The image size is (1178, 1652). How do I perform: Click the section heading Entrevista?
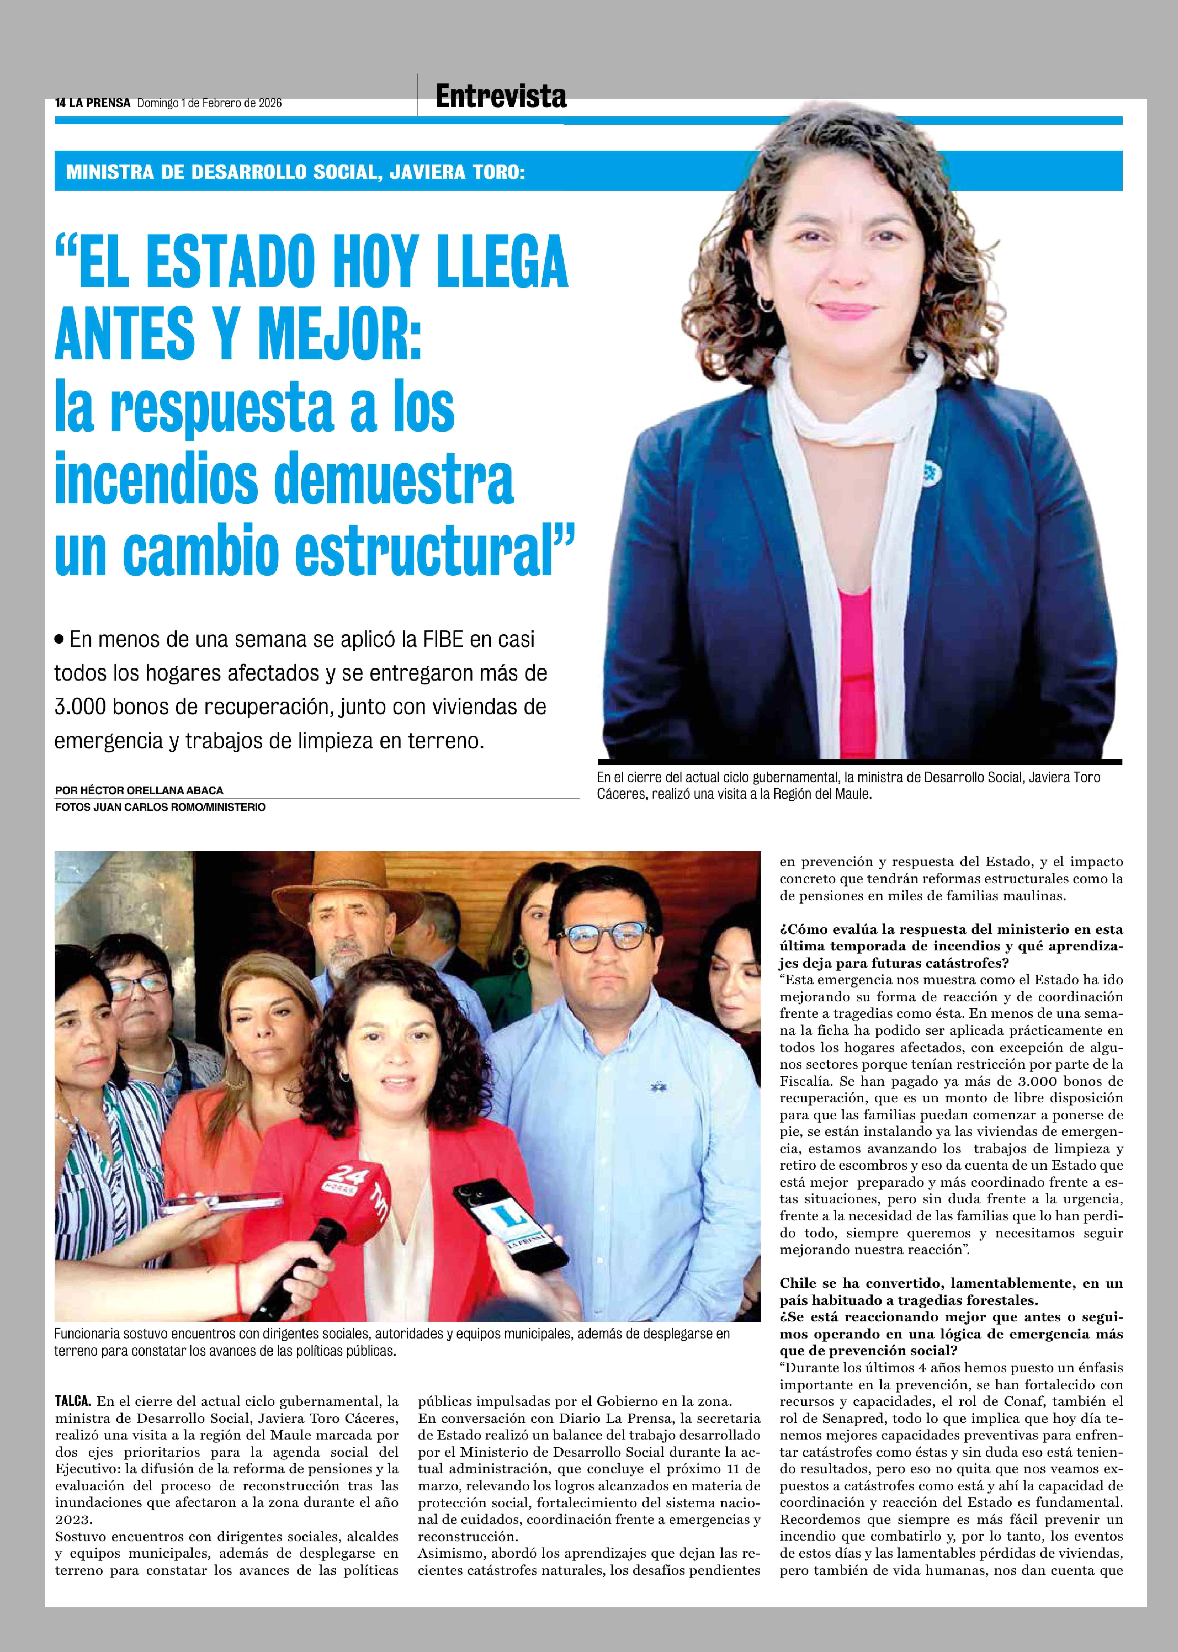501,96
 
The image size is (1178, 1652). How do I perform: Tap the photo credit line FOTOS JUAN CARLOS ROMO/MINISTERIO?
160,807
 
